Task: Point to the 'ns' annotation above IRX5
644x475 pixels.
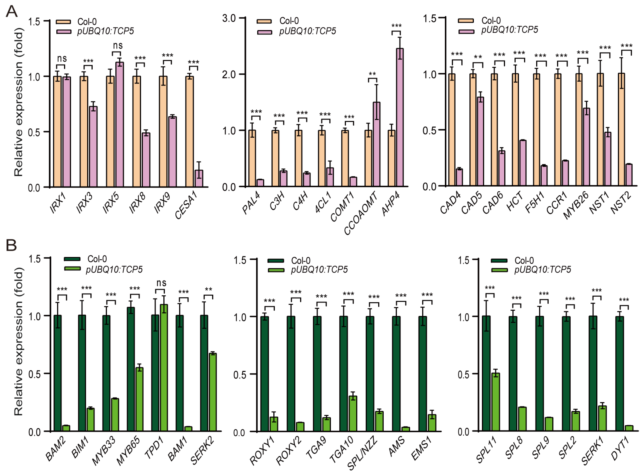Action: pos(117,45)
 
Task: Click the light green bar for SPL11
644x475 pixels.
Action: pos(495,402)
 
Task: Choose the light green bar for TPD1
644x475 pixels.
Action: pos(164,368)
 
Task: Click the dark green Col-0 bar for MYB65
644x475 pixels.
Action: pos(131,369)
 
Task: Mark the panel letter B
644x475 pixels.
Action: pos(11,245)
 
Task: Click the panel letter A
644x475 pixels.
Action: pos(11,12)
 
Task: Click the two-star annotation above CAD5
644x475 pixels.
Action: pos(478,57)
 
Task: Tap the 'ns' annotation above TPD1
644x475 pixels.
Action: pos(161,283)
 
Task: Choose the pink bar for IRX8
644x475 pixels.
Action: pos(146,160)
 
